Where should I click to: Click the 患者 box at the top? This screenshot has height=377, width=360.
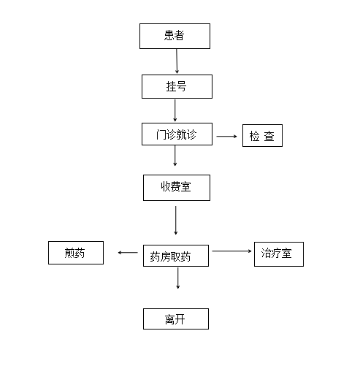click(175, 36)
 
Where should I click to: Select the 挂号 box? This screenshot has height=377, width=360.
click(177, 86)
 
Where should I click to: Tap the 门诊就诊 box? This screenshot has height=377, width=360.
click(177, 134)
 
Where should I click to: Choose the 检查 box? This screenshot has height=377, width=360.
click(262, 135)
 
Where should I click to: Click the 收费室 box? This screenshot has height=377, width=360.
click(177, 188)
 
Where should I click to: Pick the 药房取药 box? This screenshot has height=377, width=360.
click(176, 256)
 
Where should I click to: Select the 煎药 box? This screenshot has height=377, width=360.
click(76, 253)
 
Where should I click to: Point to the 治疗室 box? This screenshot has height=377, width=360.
click(279, 254)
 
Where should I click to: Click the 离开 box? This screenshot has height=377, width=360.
click(176, 319)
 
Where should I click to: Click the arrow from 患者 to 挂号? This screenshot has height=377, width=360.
click(177, 61)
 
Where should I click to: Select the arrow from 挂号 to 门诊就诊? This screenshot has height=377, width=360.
click(175, 110)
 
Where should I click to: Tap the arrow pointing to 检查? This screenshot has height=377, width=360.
click(226, 136)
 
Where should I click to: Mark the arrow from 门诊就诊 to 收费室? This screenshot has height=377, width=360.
click(175, 156)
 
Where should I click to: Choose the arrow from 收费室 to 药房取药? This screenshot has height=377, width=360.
click(175, 221)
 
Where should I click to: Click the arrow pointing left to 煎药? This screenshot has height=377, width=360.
click(128, 252)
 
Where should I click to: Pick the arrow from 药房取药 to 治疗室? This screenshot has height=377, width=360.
click(231, 251)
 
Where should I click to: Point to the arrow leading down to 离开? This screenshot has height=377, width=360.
click(177, 278)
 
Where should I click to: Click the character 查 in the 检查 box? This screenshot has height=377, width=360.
click(269, 136)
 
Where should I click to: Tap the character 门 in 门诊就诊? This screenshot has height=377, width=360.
click(161, 134)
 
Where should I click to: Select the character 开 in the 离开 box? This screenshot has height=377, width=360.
click(180, 319)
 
